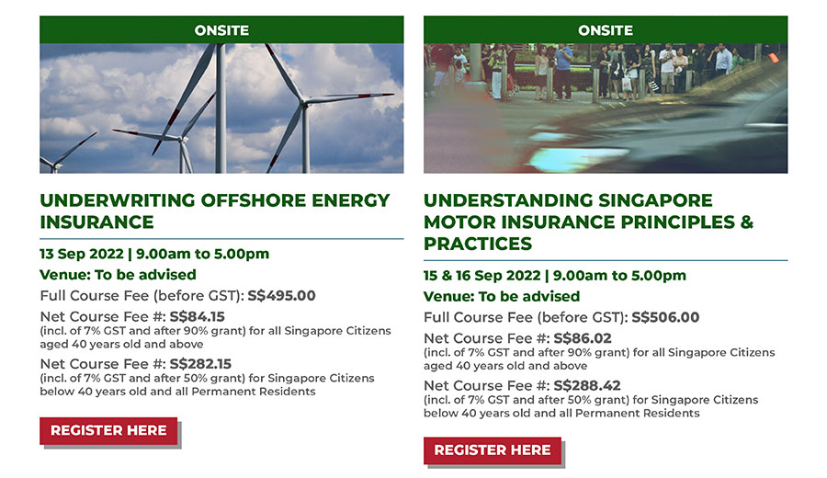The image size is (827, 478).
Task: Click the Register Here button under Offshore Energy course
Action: coord(108,430)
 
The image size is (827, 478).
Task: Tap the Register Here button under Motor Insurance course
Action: coord(493,450)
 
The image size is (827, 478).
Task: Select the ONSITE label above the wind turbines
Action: coord(221,30)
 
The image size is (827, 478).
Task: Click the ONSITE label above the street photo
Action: coord(606,30)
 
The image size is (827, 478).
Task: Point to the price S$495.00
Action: coord(282,295)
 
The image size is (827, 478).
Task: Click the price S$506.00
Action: coord(665,317)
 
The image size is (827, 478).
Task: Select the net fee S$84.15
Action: coord(198,316)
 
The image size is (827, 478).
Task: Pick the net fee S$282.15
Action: coord(200,364)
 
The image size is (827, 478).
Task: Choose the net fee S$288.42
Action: coord(587,386)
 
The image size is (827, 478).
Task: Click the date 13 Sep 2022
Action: coord(82,254)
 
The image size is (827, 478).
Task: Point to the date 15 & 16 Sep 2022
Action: coord(482,276)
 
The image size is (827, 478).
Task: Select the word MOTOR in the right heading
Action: coord(459,222)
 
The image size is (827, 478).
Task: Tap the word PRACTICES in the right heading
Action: coord(478,244)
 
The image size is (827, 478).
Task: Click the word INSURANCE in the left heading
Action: coord(97,222)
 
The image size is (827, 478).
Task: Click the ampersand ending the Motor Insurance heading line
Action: coord(747,222)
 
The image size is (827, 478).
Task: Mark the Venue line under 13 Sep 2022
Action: coord(119,275)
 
